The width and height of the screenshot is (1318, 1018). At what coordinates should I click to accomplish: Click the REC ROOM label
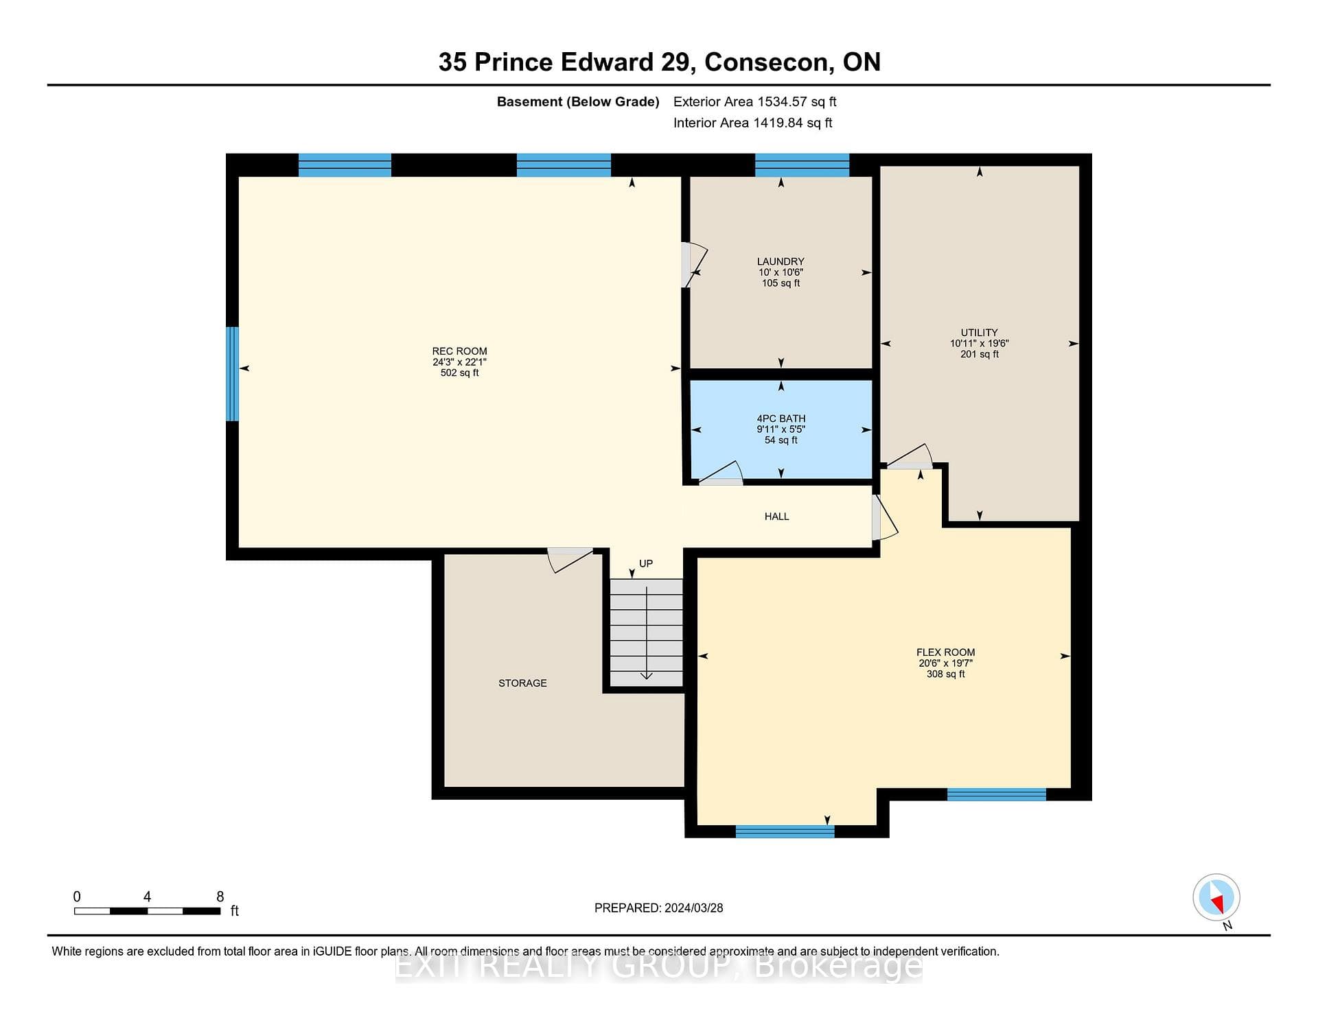459,351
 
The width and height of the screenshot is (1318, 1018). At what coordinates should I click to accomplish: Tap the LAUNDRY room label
781,261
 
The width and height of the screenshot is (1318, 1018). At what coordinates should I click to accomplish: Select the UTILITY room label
979,333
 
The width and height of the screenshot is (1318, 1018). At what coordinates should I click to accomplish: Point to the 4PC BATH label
781,418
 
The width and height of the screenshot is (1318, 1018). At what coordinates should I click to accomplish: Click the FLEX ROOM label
945,652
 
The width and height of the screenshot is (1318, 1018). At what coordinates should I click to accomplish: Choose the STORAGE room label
522,683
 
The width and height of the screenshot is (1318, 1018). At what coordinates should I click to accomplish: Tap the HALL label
776,517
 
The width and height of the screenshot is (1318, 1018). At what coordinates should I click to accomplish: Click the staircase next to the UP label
647,632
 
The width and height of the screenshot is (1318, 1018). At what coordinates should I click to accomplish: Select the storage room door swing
570,559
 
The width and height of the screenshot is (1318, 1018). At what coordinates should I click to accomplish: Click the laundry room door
695,265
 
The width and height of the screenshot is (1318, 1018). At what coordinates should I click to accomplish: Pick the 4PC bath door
721,474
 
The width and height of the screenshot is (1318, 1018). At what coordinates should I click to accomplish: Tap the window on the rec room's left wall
233,374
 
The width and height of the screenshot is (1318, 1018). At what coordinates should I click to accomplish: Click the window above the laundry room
802,165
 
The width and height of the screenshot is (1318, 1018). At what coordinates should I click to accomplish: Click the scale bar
147,911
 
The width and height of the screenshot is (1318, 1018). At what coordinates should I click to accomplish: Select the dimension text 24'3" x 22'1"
459,362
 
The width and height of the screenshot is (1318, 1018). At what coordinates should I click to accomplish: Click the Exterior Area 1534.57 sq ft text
754,102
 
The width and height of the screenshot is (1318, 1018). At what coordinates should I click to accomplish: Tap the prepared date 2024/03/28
693,908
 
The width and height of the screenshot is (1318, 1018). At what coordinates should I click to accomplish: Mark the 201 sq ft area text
980,355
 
